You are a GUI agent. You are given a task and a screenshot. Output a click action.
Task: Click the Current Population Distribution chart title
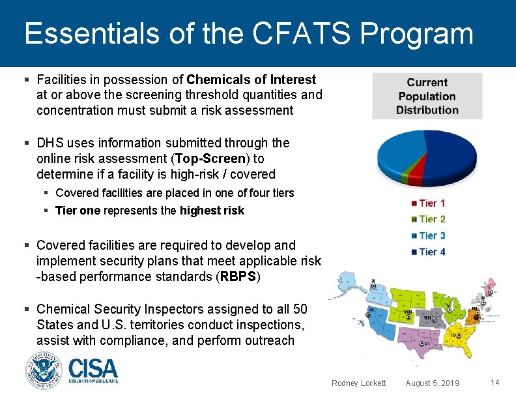click(427, 96)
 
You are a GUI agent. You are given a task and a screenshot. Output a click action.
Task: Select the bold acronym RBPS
click(238, 277)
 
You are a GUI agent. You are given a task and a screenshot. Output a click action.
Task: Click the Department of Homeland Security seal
click(44, 370)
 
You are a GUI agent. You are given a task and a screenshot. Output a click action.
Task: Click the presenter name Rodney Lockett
click(358, 383)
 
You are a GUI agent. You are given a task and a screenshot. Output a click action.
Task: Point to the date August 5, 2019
click(432, 383)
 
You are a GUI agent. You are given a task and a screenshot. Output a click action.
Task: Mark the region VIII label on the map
click(408, 312)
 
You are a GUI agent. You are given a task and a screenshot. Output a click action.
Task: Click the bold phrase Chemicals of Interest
click(251, 80)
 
